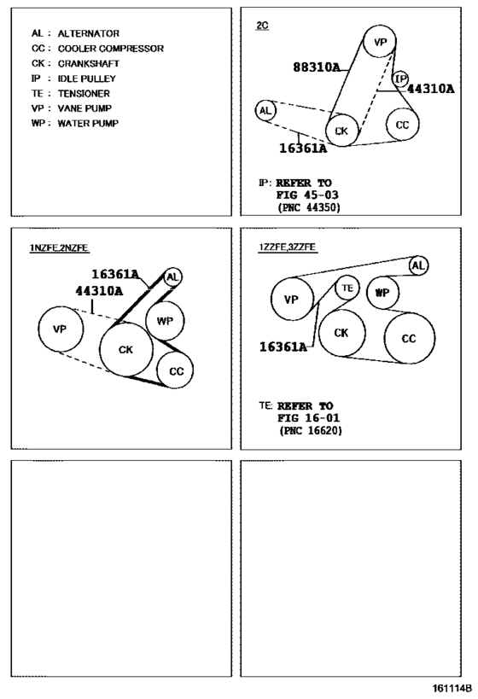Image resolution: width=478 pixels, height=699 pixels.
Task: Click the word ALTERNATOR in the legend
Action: coord(88,33)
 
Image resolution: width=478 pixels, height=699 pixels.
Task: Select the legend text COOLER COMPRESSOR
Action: coord(111,48)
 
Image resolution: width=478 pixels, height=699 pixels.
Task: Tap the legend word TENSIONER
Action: coord(84,93)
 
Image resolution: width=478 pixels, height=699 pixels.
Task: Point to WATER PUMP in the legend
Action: coord(88,123)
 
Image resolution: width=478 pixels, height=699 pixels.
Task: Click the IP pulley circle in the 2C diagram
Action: coord(401,79)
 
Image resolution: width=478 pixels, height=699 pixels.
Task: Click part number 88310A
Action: coord(317,67)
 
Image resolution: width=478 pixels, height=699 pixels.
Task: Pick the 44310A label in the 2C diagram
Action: coord(431,89)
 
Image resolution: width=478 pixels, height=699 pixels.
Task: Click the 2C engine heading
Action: coord(262,25)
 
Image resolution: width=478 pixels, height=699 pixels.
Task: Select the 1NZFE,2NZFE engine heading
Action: coord(59,248)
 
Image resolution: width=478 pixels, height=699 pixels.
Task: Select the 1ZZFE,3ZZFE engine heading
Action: coord(288,247)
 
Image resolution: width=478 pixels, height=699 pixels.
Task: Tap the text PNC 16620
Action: coord(311,431)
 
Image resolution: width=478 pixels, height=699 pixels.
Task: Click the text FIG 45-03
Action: coord(307,195)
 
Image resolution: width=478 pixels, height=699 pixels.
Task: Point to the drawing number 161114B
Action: coord(452,687)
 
